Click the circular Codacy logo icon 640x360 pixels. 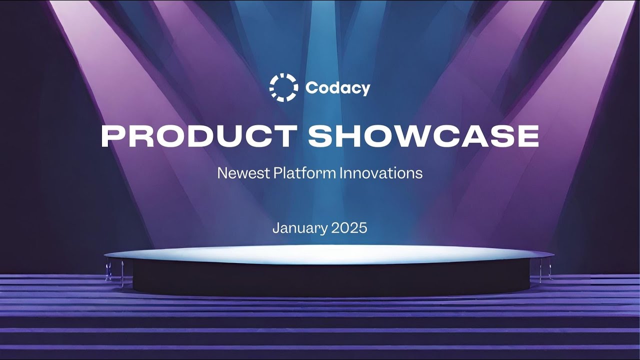tap(283, 87)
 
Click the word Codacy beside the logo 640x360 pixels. tap(337, 88)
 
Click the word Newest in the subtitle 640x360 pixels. tap(243, 173)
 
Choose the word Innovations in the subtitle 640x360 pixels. tap(381, 173)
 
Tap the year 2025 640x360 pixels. tap(349, 228)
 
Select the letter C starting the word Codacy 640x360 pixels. tap(311, 88)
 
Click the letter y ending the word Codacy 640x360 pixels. tap(366, 90)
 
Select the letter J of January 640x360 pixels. tap(276, 228)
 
